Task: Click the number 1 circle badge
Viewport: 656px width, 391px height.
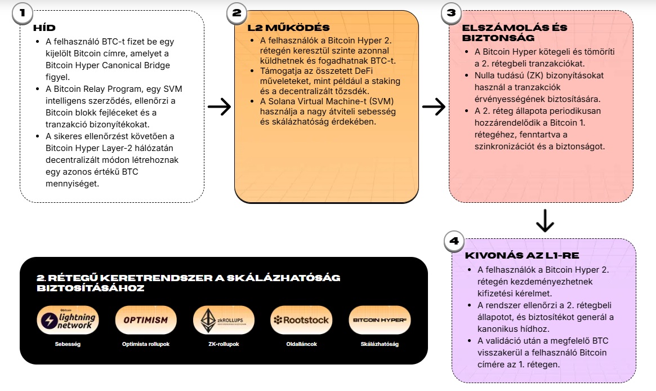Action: pos(22,14)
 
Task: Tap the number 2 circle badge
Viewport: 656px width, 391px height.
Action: pos(237,14)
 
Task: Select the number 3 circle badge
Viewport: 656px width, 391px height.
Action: pos(452,14)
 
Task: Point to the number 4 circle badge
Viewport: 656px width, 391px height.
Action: pos(454,241)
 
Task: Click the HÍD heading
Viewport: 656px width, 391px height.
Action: pos(44,28)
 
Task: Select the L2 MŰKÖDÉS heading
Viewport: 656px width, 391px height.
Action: pos(289,28)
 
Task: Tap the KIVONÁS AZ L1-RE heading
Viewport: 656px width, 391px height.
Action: pos(522,255)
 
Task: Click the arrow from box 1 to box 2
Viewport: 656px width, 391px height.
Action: pos(219,106)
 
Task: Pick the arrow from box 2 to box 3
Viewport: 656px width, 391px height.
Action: pos(434,106)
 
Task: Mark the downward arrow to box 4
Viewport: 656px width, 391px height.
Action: pos(545,221)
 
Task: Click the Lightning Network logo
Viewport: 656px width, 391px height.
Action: pos(68,320)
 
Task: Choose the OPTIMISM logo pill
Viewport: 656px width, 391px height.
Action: pos(146,320)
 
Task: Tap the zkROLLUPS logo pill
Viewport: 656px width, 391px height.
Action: pos(224,320)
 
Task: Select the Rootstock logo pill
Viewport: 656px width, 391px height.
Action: pos(302,320)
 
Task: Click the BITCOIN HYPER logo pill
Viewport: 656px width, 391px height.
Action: pos(380,320)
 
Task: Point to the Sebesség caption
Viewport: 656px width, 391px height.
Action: pos(68,344)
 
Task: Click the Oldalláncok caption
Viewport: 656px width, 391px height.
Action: pos(302,344)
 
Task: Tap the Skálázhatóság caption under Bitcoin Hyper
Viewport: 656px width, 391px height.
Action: pos(380,344)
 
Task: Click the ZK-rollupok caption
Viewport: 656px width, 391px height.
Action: pos(224,344)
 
